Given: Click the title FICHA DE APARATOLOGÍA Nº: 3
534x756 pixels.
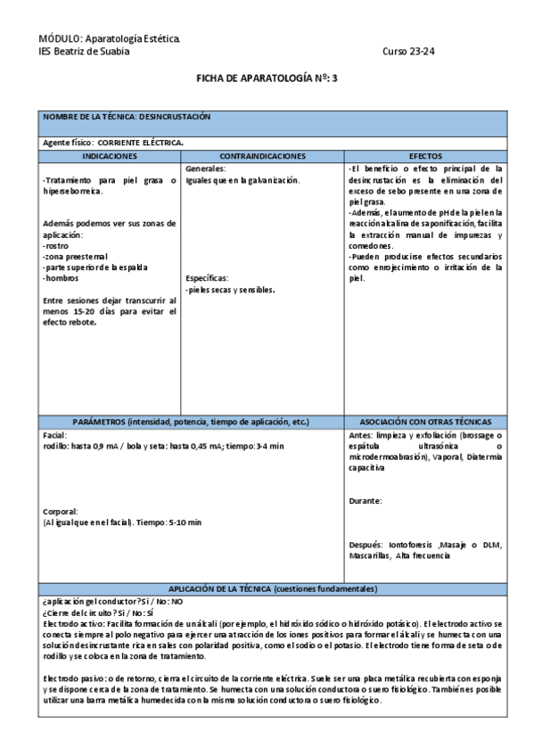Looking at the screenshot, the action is pyautogui.click(x=267, y=78).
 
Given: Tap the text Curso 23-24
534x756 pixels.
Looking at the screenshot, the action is pyautogui.click(x=408, y=51).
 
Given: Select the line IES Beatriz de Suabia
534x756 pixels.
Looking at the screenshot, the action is pyautogui.click(x=84, y=51).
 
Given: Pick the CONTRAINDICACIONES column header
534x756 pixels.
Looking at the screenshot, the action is pyautogui.click(x=262, y=156).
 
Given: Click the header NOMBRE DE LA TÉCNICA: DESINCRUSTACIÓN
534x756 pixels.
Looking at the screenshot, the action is pyautogui.click(x=127, y=117).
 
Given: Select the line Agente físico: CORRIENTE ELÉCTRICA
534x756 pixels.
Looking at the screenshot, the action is pyautogui.click(x=113, y=143).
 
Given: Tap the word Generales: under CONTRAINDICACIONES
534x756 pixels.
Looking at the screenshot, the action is pyautogui.click(x=205, y=168).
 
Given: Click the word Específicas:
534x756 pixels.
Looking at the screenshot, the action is pyautogui.click(x=207, y=278).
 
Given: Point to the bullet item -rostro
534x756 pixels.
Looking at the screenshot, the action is pyautogui.click(x=56, y=244).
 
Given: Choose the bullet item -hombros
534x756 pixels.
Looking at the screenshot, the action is pyautogui.click(x=61, y=278).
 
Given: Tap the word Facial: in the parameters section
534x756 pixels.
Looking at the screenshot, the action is pyautogui.click(x=55, y=433).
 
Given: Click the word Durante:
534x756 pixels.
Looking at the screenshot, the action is pyautogui.click(x=366, y=501).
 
